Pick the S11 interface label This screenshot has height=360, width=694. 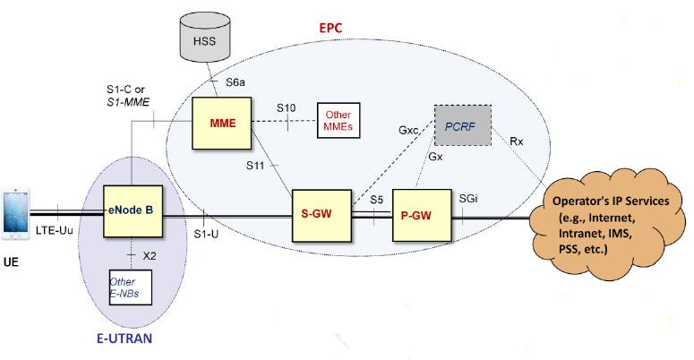pyautogui.click(x=257, y=166)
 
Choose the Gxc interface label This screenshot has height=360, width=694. pyautogui.click(x=409, y=131)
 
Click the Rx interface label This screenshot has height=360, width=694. pyautogui.click(x=517, y=141)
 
